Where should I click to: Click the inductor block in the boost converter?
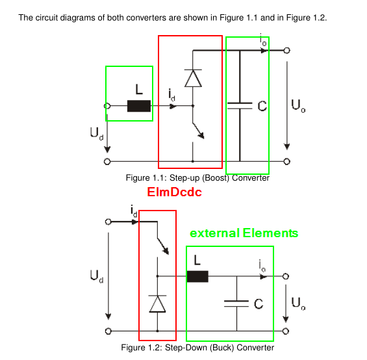pyautogui.click(x=139, y=106)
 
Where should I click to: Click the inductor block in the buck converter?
pyautogui.click(x=197, y=276)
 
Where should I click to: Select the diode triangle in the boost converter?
pyautogui.click(x=193, y=78)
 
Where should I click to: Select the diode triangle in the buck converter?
pyautogui.click(x=157, y=303)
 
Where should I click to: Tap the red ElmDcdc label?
pyautogui.click(x=174, y=192)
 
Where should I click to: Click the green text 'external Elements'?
pyautogui.click(x=244, y=233)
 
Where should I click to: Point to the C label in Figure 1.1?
pyautogui.click(x=262, y=106)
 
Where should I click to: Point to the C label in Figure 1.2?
pyautogui.click(x=259, y=303)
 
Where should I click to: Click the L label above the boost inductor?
pyautogui.click(x=139, y=89)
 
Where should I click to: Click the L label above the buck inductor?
pyautogui.click(x=197, y=260)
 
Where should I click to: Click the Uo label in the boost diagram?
pyautogui.click(x=298, y=106)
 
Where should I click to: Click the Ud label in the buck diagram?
pyautogui.click(x=97, y=276)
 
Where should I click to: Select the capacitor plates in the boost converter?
pyautogui.click(x=240, y=106)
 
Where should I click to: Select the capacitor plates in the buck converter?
pyautogui.click(x=236, y=303)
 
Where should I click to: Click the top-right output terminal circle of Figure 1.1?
pyautogui.click(x=286, y=50)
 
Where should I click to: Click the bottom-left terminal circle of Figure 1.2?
pyautogui.click(x=108, y=331)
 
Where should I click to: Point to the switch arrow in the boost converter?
pyautogui.click(x=198, y=131)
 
